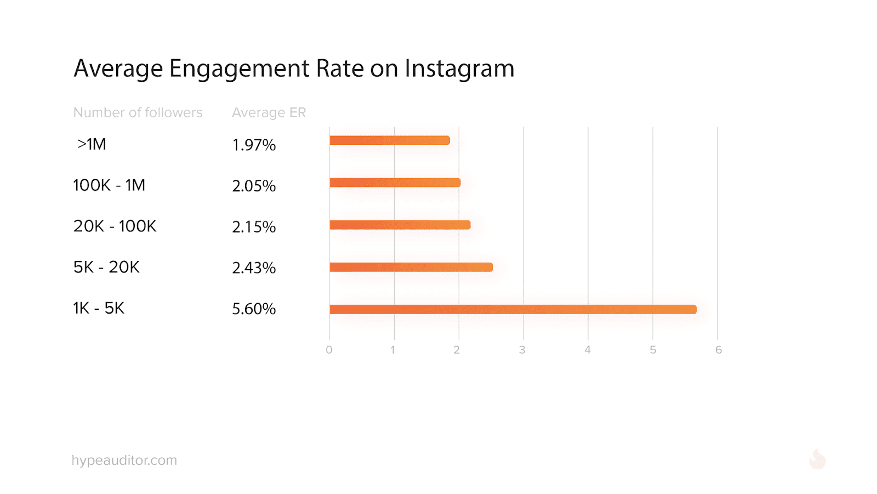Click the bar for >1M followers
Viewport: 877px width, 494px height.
(x=389, y=140)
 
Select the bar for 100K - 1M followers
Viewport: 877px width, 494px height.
(x=395, y=183)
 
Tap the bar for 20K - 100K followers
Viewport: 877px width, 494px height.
(x=400, y=225)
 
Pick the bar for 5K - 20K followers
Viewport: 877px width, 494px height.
(x=411, y=267)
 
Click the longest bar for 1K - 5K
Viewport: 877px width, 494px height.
(x=512, y=309)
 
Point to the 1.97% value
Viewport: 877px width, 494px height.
(x=254, y=145)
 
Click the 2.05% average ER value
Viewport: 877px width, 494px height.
(x=254, y=186)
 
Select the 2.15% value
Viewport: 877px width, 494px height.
(x=254, y=227)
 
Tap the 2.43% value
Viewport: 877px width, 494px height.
(x=254, y=268)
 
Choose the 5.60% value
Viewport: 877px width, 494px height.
(x=254, y=309)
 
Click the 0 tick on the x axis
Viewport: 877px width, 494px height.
(x=329, y=350)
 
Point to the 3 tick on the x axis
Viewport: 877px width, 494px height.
(x=522, y=350)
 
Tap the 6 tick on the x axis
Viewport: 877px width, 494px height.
(x=719, y=350)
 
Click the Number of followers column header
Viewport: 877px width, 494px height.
(x=138, y=112)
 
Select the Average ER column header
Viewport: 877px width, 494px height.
(x=269, y=112)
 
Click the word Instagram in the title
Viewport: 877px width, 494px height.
(x=459, y=69)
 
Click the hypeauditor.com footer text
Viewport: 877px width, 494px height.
(x=124, y=461)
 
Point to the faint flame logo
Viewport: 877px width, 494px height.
(x=817, y=459)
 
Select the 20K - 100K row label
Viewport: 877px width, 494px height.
(x=115, y=226)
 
